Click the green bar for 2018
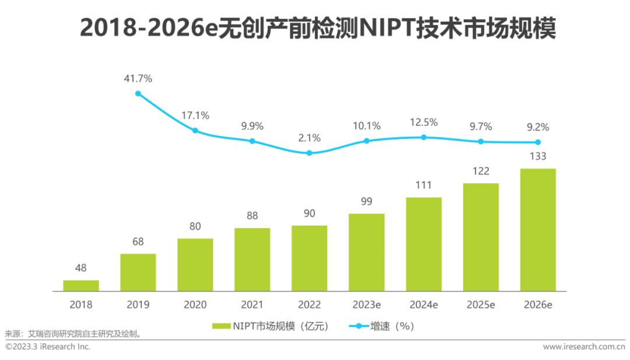pos(81,285)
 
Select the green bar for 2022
pos(309,258)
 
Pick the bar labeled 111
pos(423,244)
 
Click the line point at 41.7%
pos(138,93)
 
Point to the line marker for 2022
pos(309,153)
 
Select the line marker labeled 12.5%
pos(423,137)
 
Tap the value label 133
pos(538,156)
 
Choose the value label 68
pos(138,242)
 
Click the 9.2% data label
pos(538,127)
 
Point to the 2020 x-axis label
pos(195,305)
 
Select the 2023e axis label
pos(366,305)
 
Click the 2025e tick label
pos(481,305)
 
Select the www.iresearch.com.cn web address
pos(584,347)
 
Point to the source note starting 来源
pos(73,335)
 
